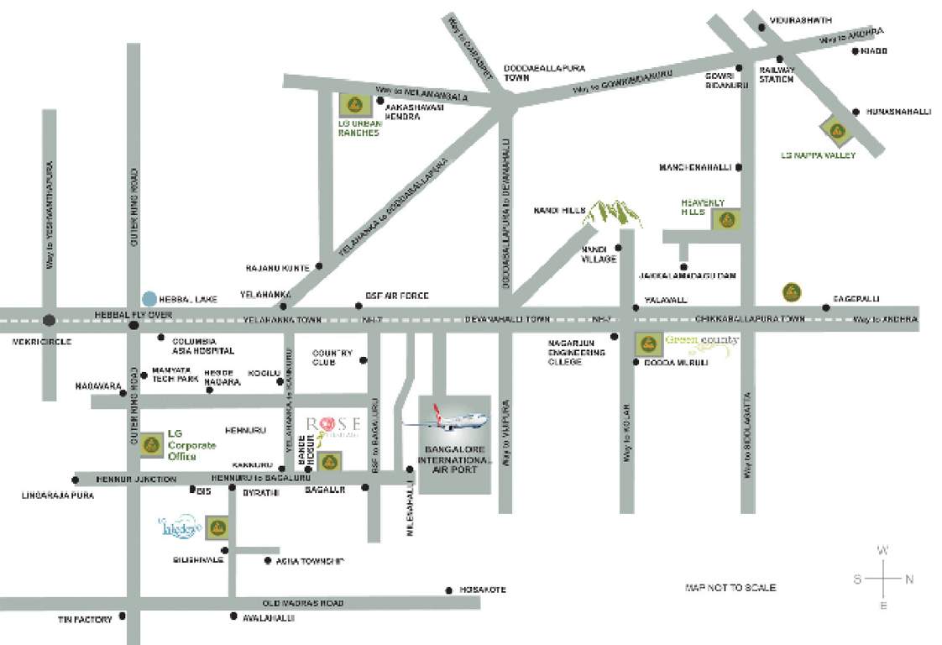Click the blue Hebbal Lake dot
(x=149, y=298)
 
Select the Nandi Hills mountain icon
(x=613, y=213)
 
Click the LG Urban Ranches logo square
(x=353, y=106)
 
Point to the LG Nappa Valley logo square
(x=836, y=130)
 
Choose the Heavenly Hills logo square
(x=726, y=220)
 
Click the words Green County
(x=701, y=341)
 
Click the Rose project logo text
(x=333, y=424)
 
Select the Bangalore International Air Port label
(x=453, y=460)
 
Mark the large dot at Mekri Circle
(x=50, y=319)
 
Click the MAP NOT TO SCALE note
(x=730, y=588)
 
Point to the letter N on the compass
(x=909, y=579)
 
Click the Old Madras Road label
(x=303, y=603)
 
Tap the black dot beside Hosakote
(x=449, y=590)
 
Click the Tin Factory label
(x=85, y=620)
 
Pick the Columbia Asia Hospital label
(x=202, y=346)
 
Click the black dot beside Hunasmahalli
(x=856, y=112)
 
